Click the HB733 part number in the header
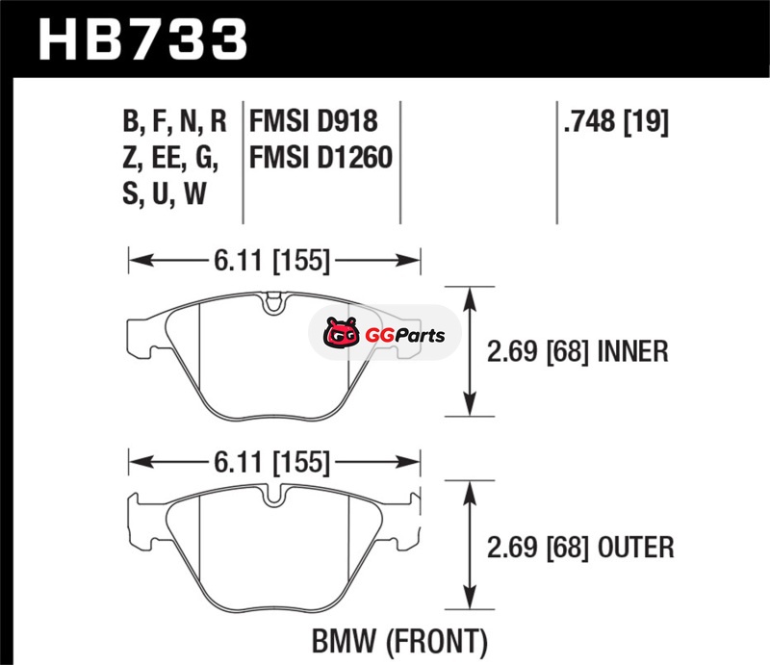tap(142, 39)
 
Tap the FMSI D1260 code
tap(321, 157)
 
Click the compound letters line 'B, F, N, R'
tap(174, 122)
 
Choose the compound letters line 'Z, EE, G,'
tap(170, 157)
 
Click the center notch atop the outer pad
tap(274, 498)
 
